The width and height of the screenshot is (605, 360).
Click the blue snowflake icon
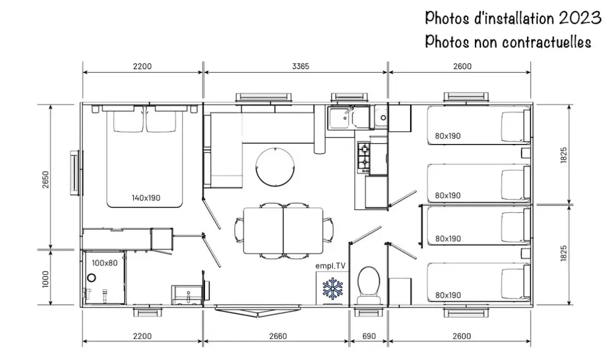click(x=333, y=289)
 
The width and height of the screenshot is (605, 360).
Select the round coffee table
click(x=275, y=166)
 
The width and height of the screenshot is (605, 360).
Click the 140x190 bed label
click(x=146, y=198)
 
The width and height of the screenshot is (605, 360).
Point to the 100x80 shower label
click(x=105, y=263)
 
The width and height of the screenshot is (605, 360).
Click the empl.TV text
click(x=330, y=266)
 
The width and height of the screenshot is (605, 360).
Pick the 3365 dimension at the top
click(x=301, y=67)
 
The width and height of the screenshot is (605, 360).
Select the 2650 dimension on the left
click(x=46, y=180)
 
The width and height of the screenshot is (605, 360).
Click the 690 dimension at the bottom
click(x=369, y=336)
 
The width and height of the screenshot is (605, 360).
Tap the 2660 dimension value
click(x=278, y=336)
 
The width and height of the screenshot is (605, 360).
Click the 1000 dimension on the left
click(x=46, y=279)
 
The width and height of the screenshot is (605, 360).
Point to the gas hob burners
click(x=364, y=158)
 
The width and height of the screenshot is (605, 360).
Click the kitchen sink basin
click(x=338, y=118)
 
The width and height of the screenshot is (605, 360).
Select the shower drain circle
click(x=91, y=278)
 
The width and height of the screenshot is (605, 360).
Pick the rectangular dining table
click(x=283, y=231)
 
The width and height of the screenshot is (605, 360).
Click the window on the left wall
click(x=76, y=173)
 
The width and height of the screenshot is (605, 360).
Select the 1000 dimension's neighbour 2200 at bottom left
click(x=142, y=336)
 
